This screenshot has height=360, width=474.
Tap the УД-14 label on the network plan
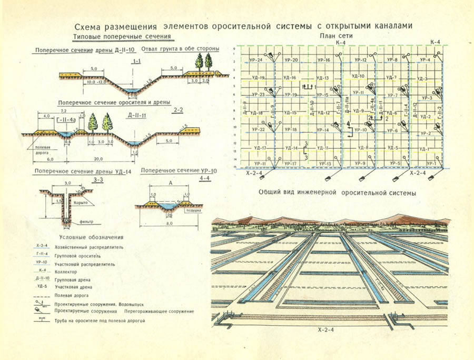[x=291, y=148]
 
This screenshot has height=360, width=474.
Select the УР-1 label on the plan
[x=432, y=164]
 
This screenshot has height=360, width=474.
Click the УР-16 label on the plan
[x=324, y=60]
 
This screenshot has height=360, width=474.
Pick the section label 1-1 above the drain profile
[x=136, y=62]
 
